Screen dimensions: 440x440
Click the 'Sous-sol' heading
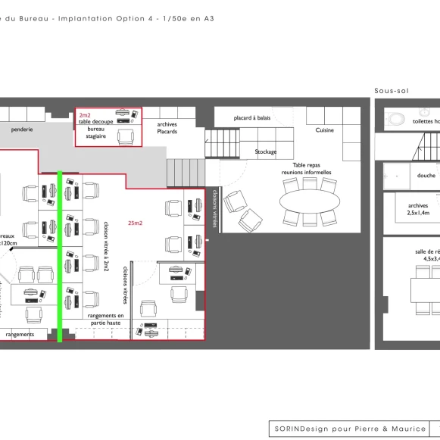point(391,91)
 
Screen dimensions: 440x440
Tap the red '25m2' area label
point(136,223)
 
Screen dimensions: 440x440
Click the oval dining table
point(310,202)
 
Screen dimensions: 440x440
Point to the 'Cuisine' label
point(324,130)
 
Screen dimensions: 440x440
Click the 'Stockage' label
point(266,151)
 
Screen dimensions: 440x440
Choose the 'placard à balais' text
point(252,117)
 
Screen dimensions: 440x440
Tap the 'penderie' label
point(22,130)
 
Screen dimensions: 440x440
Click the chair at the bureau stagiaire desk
point(126,136)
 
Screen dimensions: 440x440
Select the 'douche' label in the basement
point(426,175)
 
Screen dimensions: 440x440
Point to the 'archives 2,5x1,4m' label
point(418,209)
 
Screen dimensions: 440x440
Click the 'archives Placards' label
point(167,128)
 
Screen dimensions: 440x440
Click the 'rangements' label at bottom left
point(20,334)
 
